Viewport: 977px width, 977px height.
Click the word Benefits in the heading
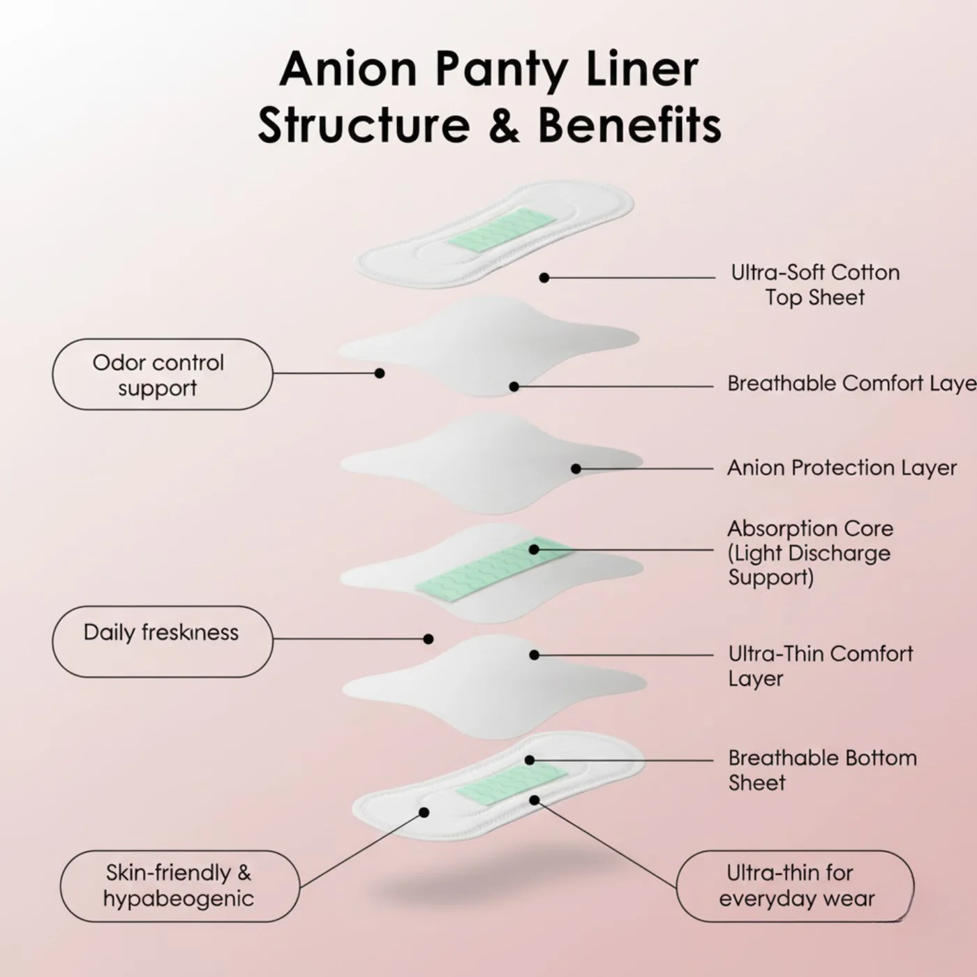[x=629, y=126]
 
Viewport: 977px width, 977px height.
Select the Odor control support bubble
[x=162, y=374]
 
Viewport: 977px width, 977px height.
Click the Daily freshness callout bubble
[x=162, y=641]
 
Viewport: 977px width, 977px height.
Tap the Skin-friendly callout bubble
[x=179, y=886]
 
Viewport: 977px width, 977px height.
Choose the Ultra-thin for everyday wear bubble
[x=796, y=886]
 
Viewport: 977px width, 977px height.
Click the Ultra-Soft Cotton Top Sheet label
[x=815, y=285]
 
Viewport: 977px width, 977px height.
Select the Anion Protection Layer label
[x=842, y=468]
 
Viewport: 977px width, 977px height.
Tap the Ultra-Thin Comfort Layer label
[x=820, y=666]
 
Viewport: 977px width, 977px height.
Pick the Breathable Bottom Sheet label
[x=822, y=770]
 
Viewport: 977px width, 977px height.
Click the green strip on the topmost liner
[x=502, y=230]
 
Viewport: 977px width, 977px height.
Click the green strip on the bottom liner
[x=511, y=782]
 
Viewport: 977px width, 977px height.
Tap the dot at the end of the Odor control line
[x=380, y=373]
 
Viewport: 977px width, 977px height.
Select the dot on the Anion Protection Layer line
[x=576, y=469]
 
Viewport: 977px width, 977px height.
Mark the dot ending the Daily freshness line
[x=428, y=639]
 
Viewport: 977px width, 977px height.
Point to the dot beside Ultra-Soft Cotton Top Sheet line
[x=544, y=278]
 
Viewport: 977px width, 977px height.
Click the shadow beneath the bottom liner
[x=488, y=886]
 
